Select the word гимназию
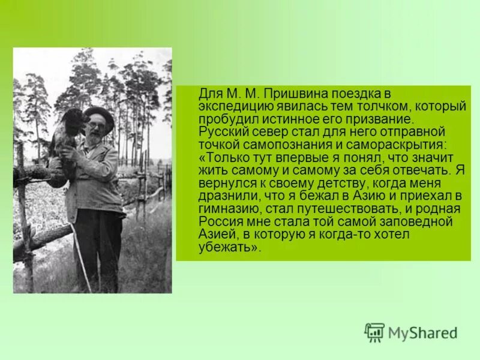(230, 208)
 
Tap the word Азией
(217, 234)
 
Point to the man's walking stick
(81, 257)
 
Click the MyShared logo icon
(375, 332)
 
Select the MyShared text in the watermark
(422, 333)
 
